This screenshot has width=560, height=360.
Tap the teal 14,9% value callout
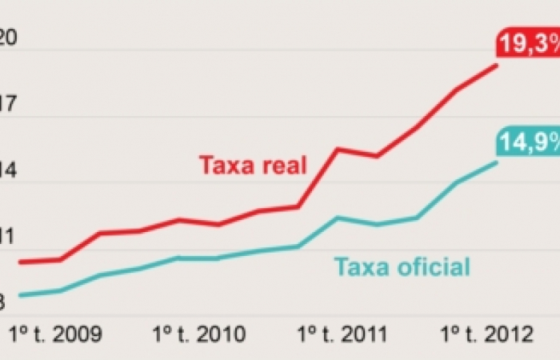529,142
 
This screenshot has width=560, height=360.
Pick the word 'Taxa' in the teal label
361,266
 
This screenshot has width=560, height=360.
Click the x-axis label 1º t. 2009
54,333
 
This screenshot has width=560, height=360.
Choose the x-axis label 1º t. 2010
199,333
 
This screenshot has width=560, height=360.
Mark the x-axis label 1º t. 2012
486,333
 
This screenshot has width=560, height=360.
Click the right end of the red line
497,65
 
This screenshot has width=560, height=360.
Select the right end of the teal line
497,162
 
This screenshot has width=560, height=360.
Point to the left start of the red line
19,262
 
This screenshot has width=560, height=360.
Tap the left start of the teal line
19,296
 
